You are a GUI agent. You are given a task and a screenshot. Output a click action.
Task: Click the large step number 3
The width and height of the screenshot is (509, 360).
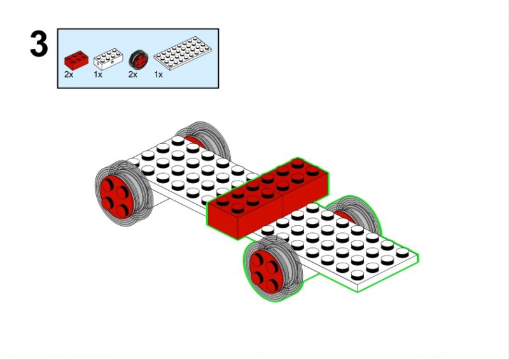(39, 44)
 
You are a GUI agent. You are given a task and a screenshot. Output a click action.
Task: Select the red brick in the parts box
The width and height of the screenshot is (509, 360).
(76, 60)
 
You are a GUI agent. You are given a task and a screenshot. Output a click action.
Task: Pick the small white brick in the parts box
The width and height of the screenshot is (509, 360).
(108, 59)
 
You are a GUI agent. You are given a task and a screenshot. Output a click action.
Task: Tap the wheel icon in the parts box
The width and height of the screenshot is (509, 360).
(139, 60)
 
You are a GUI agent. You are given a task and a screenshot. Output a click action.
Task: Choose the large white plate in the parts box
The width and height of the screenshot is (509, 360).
(183, 53)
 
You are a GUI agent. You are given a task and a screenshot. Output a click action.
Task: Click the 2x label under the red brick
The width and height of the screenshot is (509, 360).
(69, 74)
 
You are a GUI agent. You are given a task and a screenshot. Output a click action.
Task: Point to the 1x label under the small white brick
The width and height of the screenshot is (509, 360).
(98, 74)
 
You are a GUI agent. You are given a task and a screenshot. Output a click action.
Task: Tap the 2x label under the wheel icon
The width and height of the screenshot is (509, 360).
(133, 74)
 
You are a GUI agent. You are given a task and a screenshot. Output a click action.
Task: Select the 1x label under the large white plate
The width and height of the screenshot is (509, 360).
(158, 74)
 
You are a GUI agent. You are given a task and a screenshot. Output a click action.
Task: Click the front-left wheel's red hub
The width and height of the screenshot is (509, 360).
(116, 197)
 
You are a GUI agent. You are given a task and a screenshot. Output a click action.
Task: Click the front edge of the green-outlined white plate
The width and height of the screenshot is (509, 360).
(387, 273)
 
